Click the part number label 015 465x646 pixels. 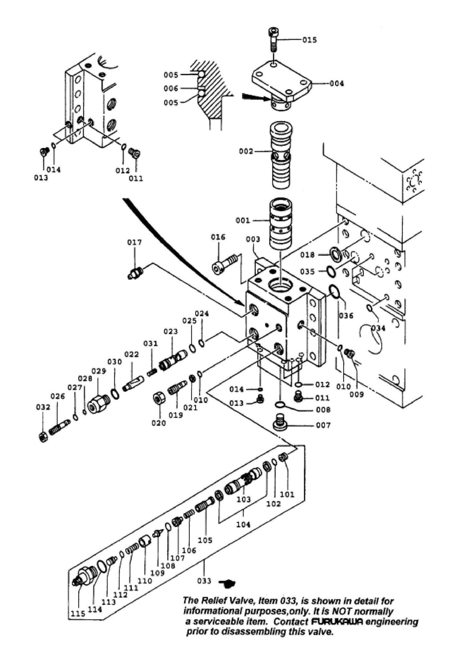[x=309, y=40]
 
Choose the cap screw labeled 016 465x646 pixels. [x=225, y=263]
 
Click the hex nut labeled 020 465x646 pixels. [x=159, y=399]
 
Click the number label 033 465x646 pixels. [x=204, y=581]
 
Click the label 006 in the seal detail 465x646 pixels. [x=171, y=89]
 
